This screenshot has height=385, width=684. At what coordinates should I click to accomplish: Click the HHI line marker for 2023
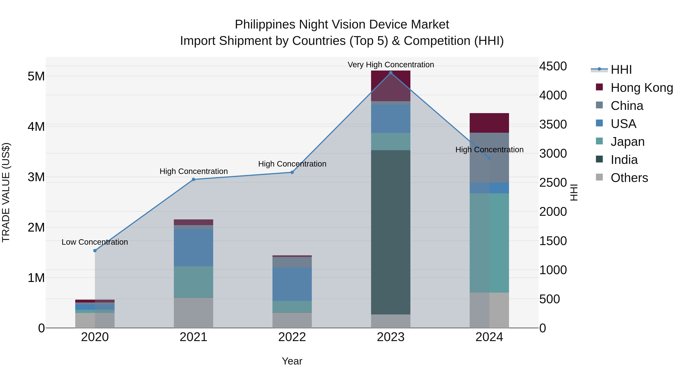(391, 73)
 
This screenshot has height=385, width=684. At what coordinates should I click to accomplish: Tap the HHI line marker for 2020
(95, 251)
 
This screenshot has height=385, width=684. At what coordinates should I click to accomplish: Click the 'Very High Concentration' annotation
(391, 65)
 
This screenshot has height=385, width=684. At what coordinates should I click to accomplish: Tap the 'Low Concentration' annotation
(95, 242)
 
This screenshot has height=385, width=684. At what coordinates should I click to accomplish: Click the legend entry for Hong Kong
(641, 88)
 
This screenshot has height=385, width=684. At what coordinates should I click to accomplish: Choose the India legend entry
(624, 160)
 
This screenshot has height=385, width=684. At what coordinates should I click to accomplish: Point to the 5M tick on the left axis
(36, 76)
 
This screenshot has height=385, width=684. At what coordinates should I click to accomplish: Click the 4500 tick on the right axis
(553, 66)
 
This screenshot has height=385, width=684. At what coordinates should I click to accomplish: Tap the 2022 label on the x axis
(292, 337)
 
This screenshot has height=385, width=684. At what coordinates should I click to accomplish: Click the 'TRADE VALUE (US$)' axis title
(6, 192)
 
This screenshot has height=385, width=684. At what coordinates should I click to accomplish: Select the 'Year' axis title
(292, 361)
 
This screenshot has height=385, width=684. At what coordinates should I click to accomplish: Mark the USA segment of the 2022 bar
(292, 284)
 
